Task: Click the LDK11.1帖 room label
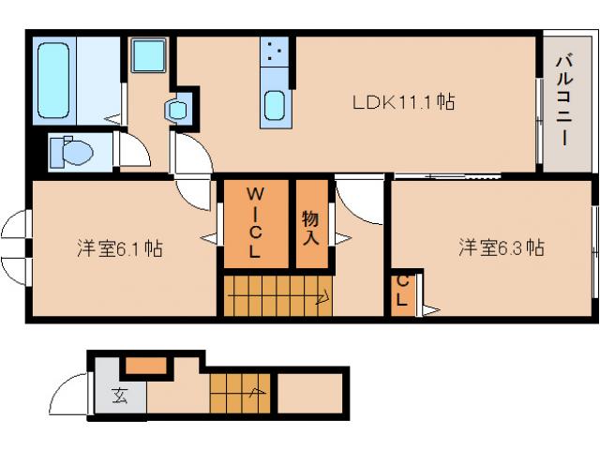pyautogui.click(x=403, y=102)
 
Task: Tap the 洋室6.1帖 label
pyautogui.click(x=120, y=248)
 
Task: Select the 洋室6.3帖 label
pyautogui.click(x=502, y=247)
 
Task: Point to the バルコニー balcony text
pyautogui.click(x=564, y=101)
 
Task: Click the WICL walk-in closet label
pyautogui.click(x=255, y=222)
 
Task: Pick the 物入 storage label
pyautogui.click(x=310, y=228)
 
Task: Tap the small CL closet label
pyautogui.click(x=402, y=291)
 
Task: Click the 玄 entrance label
pyautogui.click(x=120, y=396)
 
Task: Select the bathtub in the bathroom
pyautogui.click(x=53, y=80)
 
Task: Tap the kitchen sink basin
pyautogui.click(x=275, y=105)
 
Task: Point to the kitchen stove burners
pyautogui.click(x=275, y=52)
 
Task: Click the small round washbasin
pyautogui.click(x=177, y=111)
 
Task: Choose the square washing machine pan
pyautogui.click(x=148, y=54)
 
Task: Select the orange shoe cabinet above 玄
pyautogui.click(x=146, y=365)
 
